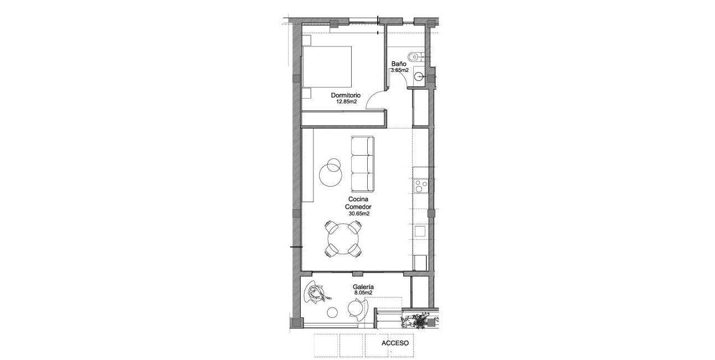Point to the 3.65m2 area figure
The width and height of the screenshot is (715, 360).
pyautogui.click(x=399, y=71)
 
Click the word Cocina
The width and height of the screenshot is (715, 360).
pyautogui.click(x=359, y=199)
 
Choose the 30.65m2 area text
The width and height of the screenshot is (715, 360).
pyautogui.click(x=359, y=213)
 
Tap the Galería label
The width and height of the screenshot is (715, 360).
pyautogui.click(x=363, y=287)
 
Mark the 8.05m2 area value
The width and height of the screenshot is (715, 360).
pyautogui.click(x=363, y=293)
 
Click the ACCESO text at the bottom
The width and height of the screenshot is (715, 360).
pyautogui.click(x=395, y=343)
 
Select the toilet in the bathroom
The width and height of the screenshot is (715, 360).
pyautogui.click(x=414, y=56)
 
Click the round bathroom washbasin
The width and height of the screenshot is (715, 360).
pyautogui.click(x=419, y=78)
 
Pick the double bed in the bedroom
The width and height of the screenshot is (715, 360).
pyautogui.click(x=327, y=66)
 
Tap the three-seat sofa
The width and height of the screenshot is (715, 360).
pyautogui.click(x=362, y=163)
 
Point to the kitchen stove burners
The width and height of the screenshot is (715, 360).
pyautogui.click(x=421, y=186)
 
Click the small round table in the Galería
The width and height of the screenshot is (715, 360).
pyautogui.click(x=333, y=312)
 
